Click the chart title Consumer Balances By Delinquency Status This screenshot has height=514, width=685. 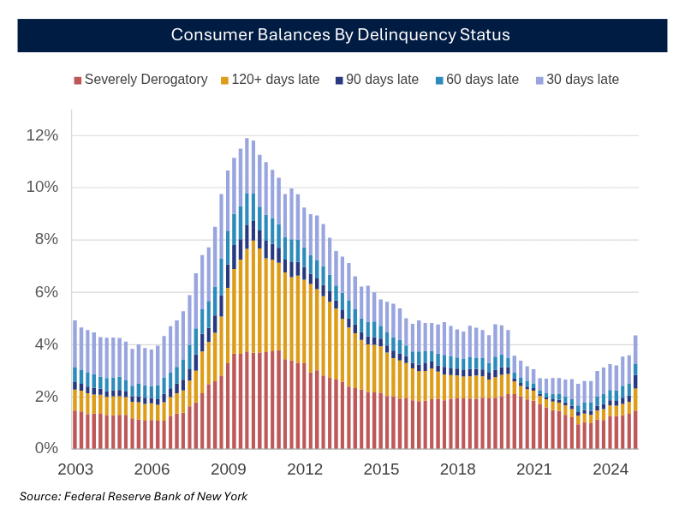click(341, 34)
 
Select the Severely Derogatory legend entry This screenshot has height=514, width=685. click(140, 80)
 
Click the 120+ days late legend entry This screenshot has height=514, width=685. click(270, 80)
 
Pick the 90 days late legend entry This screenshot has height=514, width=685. click(377, 80)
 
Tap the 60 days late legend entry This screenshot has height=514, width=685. click(477, 80)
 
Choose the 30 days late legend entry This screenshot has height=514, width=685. click(577, 80)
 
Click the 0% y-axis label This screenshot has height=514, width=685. click(45, 449)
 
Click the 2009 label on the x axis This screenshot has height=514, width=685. click(229, 469)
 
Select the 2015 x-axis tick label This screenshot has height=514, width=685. click(381, 469)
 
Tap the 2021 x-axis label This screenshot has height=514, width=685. click(534, 469)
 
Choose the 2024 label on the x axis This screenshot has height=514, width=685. click(611, 469)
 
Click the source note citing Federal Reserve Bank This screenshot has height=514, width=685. click(134, 496)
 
